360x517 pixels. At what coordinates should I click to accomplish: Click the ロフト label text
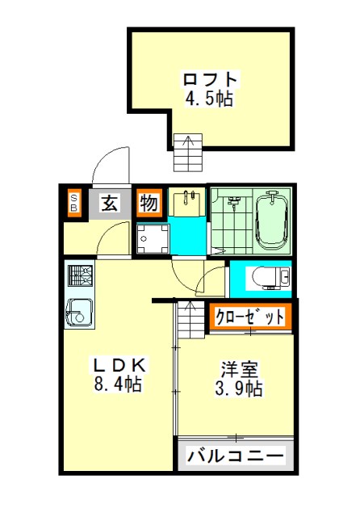[210, 79]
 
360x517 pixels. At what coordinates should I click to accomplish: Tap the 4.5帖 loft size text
[209, 98]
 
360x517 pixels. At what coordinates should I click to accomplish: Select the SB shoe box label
[74, 203]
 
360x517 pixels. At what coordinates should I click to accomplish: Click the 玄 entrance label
[110, 204]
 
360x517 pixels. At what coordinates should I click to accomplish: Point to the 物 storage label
[149, 203]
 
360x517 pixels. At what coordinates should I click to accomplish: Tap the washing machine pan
[153, 238]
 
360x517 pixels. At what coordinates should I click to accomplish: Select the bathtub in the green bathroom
[272, 221]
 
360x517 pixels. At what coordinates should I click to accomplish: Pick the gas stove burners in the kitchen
[79, 275]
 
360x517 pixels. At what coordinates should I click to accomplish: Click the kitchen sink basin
[79, 313]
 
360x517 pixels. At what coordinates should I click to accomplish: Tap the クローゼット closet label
[249, 317]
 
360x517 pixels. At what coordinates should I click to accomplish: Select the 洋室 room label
[239, 369]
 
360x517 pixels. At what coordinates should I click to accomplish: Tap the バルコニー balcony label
[236, 456]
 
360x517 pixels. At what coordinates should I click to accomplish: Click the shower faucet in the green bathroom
[235, 201]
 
